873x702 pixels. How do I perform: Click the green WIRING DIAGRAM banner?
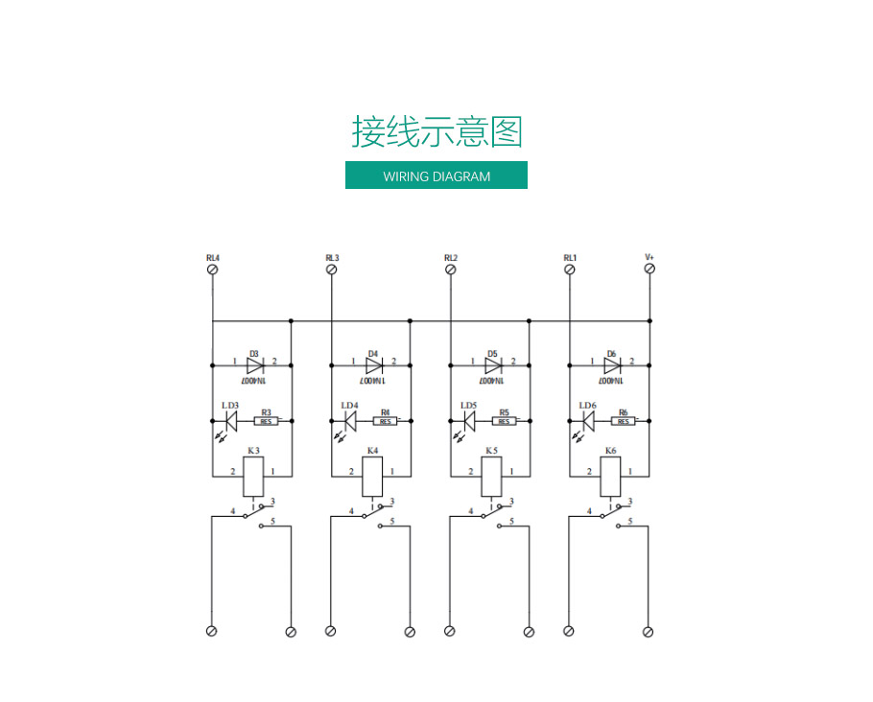(436, 175)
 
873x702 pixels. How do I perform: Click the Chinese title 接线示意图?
(436, 131)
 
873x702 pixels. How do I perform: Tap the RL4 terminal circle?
(213, 270)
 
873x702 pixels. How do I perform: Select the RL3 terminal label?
(332, 258)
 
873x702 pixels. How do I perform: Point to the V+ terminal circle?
(649, 270)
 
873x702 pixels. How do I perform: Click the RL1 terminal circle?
(570, 270)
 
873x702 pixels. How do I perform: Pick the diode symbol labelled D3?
(254, 364)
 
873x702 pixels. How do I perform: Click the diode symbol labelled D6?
(611, 364)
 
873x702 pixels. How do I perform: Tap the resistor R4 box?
(386, 420)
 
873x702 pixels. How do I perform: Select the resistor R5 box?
(505, 420)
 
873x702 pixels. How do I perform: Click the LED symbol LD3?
(231, 420)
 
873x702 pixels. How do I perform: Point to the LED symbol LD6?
(588, 420)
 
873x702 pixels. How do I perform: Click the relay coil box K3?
(253, 476)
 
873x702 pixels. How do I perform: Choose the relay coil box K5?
(491, 476)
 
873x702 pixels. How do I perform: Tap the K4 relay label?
(372, 450)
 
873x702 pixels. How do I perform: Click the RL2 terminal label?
(451, 258)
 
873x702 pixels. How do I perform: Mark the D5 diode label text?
(492, 353)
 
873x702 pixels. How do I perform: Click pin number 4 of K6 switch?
(588, 511)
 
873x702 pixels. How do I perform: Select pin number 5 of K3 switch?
(273, 522)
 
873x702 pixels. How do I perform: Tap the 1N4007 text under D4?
(373, 380)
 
